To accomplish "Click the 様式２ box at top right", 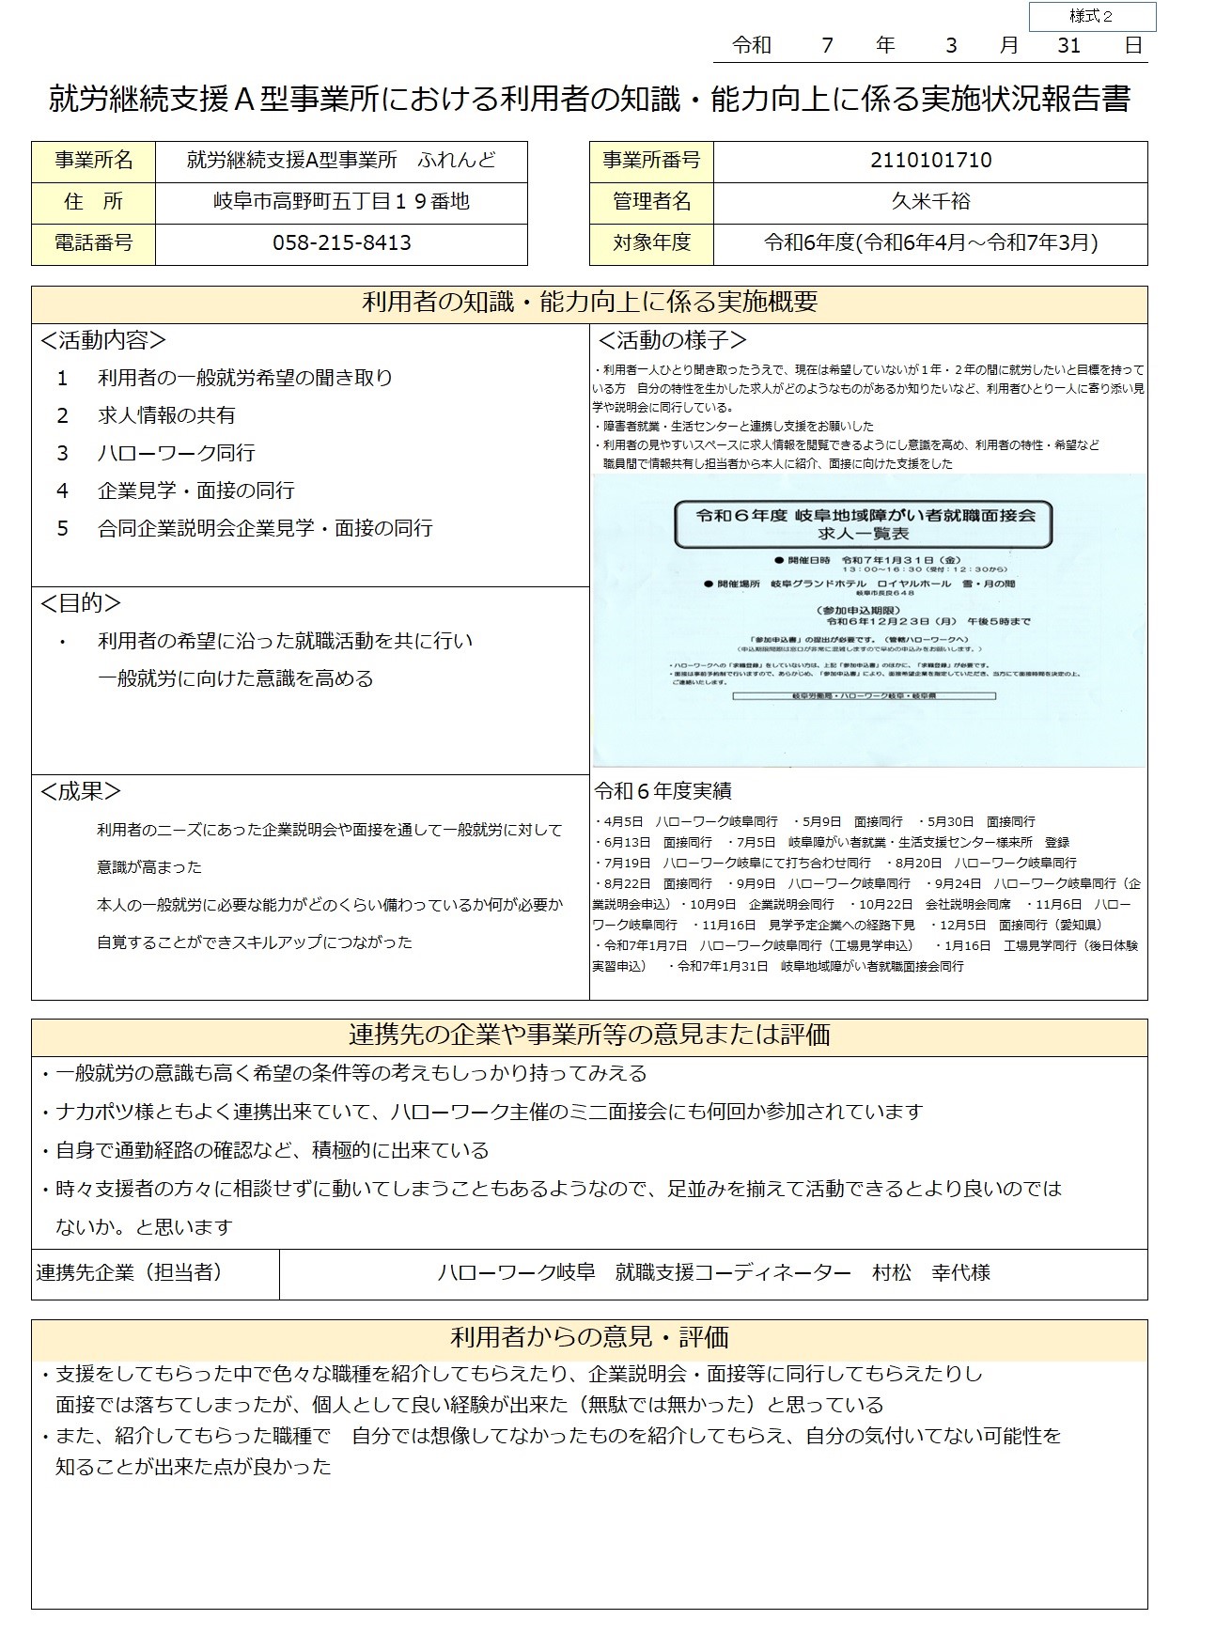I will (x=1091, y=17).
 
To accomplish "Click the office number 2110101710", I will (x=930, y=161).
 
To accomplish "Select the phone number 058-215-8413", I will (x=341, y=243).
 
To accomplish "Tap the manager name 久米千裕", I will (x=930, y=201).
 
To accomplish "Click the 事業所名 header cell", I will (x=93, y=161).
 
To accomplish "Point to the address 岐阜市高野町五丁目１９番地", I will (x=341, y=201).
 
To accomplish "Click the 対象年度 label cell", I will (x=651, y=242).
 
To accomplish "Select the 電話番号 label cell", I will (x=93, y=243).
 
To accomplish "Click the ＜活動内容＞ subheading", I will (x=103, y=340).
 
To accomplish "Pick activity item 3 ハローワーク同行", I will (x=176, y=453).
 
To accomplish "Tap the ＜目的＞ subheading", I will (x=81, y=603).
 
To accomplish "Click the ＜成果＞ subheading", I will (x=81, y=791).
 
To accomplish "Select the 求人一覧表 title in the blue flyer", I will (x=862, y=533).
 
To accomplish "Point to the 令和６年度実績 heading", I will (x=663, y=790).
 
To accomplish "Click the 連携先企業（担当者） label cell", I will (x=130, y=1272).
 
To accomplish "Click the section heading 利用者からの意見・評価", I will (x=589, y=1337).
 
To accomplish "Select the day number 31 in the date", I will (x=1068, y=45).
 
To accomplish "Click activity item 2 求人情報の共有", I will (x=166, y=415).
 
